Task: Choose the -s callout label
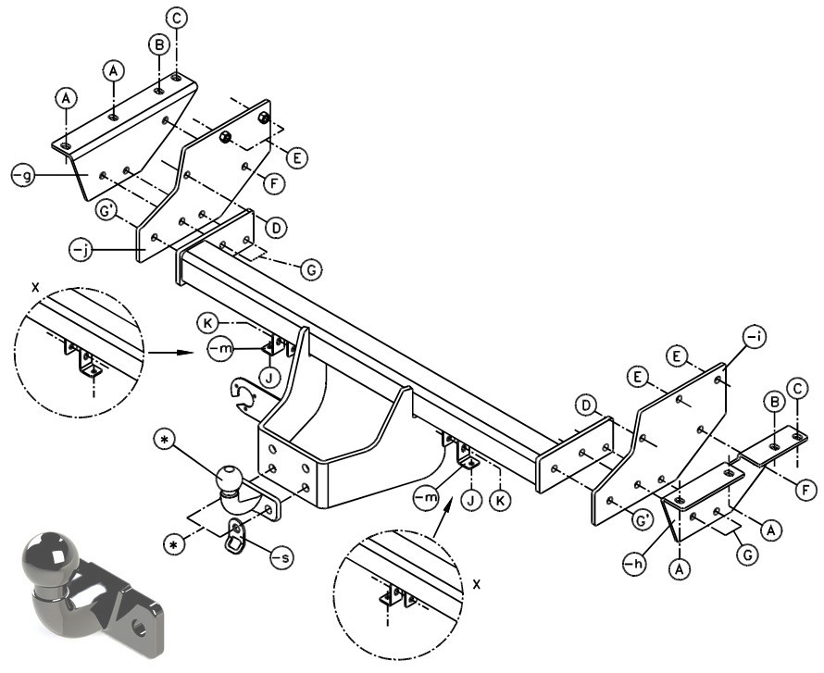[x=282, y=557]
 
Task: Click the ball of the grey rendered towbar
[x=49, y=558]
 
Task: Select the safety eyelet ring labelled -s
[x=234, y=536]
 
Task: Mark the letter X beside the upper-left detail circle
[x=34, y=287]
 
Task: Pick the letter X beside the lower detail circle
[x=477, y=584]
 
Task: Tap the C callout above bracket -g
[x=177, y=19]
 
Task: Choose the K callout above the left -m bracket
[x=208, y=323]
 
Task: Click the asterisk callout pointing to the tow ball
[x=164, y=442]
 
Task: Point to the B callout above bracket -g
[x=158, y=45]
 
